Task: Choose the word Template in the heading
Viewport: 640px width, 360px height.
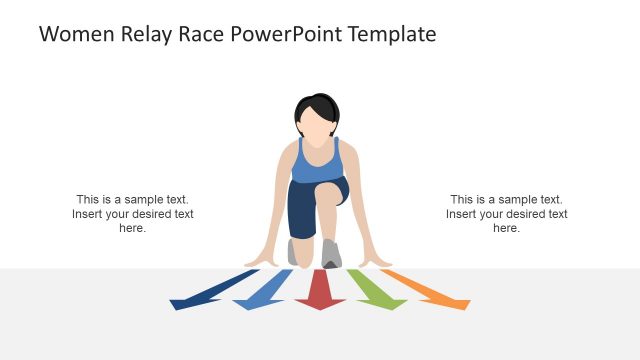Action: pyautogui.click(x=391, y=34)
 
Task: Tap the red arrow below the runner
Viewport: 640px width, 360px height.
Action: pyautogui.click(x=320, y=291)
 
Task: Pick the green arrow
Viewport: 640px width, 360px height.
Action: pyautogui.click(x=375, y=290)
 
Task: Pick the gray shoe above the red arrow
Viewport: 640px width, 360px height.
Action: pyautogui.click(x=331, y=254)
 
